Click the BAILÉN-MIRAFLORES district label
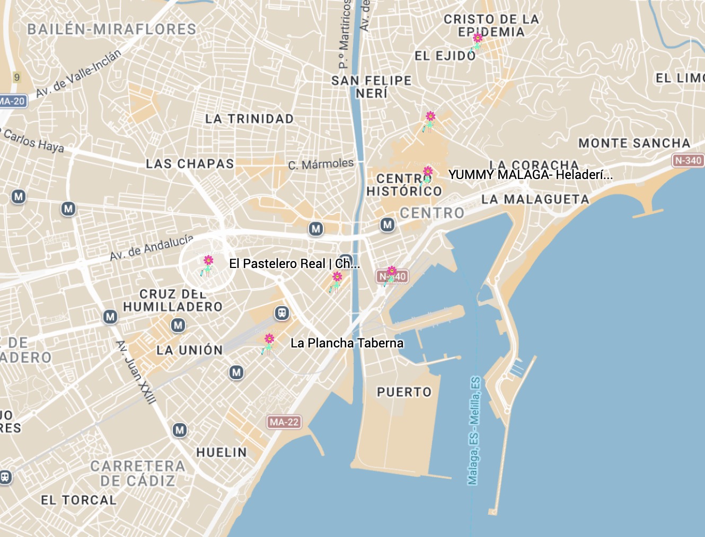tap(112, 29)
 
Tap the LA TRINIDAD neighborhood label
tap(249, 119)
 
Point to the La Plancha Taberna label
tap(347, 343)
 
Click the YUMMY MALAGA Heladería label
tap(530, 175)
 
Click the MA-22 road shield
tap(284, 422)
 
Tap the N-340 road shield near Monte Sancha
tap(688, 160)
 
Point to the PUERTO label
tap(404, 392)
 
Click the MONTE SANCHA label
tap(634, 144)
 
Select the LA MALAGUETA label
tap(535, 200)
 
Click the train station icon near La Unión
tap(282, 313)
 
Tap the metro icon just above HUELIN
tap(180, 430)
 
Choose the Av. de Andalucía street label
tap(152, 247)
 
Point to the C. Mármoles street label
tap(321, 164)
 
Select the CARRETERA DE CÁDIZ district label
tap(138, 473)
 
